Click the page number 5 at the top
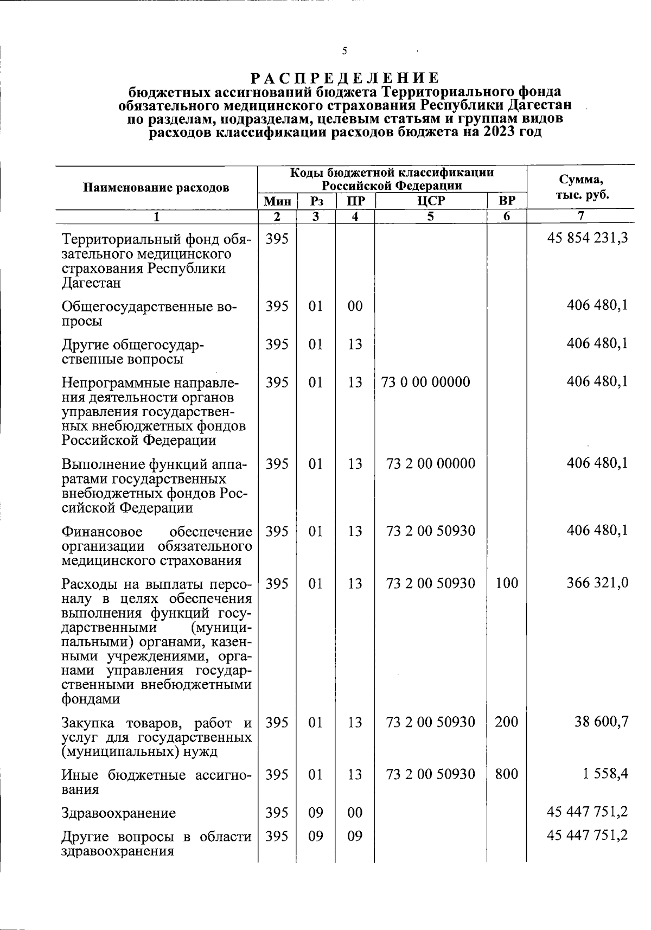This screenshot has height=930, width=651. point(344,52)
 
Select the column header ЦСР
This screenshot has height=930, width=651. point(431,201)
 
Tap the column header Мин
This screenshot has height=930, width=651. point(277,201)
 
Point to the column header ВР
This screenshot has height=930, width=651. point(507,201)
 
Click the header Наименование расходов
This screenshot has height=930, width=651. point(156,188)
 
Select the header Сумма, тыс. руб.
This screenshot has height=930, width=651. point(581,187)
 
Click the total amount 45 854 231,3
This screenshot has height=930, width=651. point(588,239)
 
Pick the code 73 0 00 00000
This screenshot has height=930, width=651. point(426,383)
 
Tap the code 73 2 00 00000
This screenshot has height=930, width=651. point(431,464)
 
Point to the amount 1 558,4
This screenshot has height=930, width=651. point(605,774)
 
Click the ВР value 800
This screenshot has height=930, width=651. point(506,774)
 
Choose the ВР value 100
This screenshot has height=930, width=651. point(506,583)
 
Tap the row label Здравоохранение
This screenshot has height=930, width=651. point(119,813)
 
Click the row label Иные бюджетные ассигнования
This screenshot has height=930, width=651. point(156,781)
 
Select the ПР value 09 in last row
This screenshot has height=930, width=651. point(355,836)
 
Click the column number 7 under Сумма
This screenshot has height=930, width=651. point(580,216)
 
